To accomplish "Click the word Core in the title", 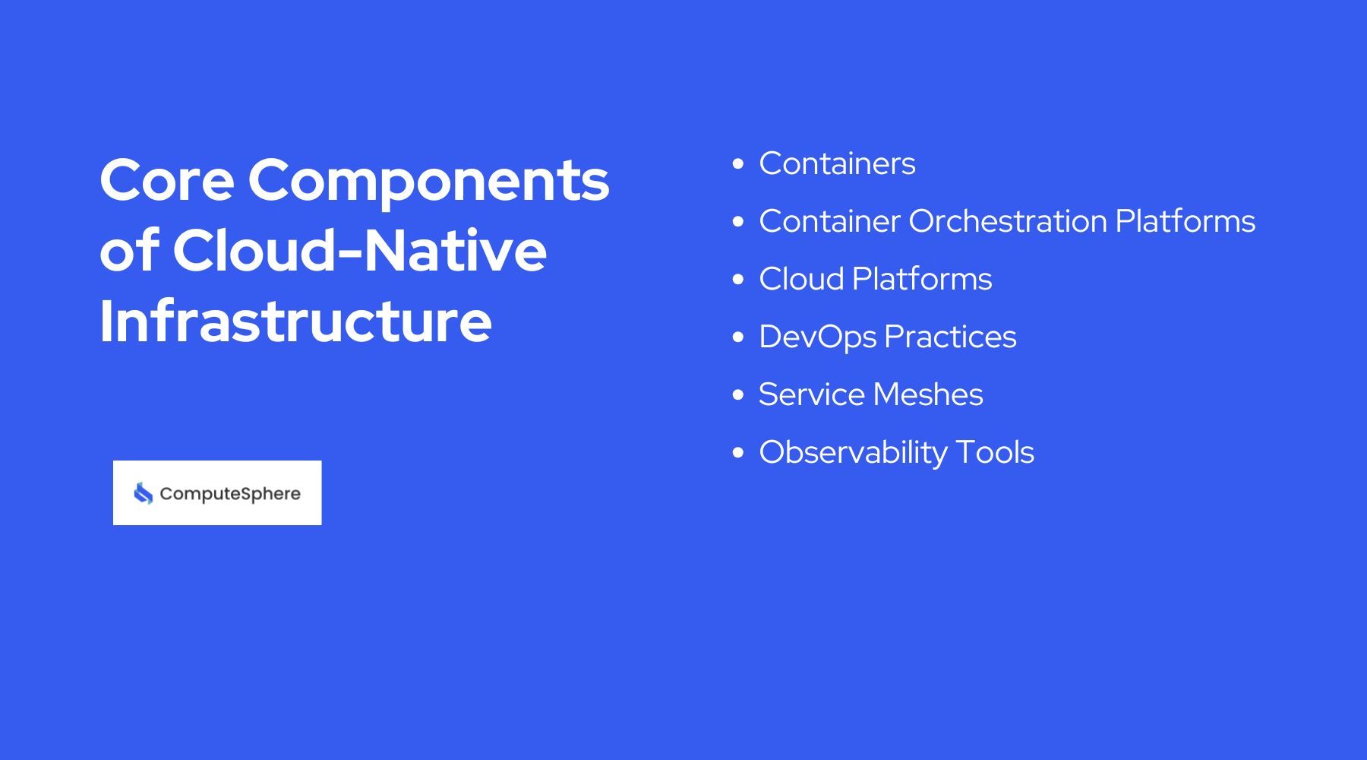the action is pyautogui.click(x=167, y=181).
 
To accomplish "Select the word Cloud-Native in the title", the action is pyautogui.click(x=359, y=251).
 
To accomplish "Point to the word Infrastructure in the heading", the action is pyautogui.click(x=295, y=321).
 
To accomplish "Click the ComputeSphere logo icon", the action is pyautogui.click(x=144, y=493).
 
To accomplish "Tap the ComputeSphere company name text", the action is pyautogui.click(x=230, y=494).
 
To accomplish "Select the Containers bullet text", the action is pyautogui.click(x=837, y=163).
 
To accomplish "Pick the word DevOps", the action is pyautogui.click(x=818, y=337).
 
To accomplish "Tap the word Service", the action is pyautogui.click(x=812, y=394).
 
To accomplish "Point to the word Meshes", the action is pyautogui.click(x=928, y=394).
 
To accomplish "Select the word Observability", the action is pyautogui.click(x=854, y=453).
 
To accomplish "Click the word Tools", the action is pyautogui.click(x=995, y=452).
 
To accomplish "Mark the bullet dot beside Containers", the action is pyautogui.click(x=738, y=163).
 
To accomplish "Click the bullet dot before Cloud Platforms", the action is pyautogui.click(x=738, y=279).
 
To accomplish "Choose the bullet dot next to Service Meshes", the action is pyautogui.click(x=738, y=394).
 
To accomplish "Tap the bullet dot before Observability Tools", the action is pyautogui.click(x=738, y=452).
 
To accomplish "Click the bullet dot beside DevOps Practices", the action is pyautogui.click(x=738, y=337).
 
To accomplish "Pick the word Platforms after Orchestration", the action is pyautogui.click(x=1185, y=221).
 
